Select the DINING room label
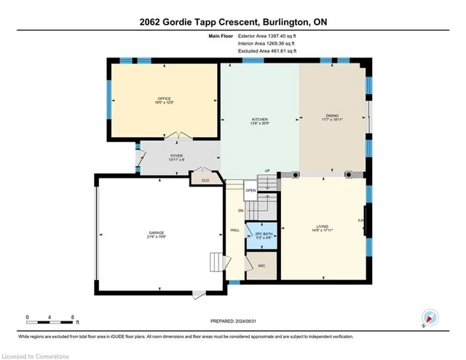332,117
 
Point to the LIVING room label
323,227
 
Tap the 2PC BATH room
258,235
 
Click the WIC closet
261,266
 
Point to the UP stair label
267,171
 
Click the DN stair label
241,211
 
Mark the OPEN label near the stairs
250,190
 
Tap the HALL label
235,230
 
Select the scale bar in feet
52,318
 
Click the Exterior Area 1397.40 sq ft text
269,36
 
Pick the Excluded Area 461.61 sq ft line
269,52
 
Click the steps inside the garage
216,261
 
